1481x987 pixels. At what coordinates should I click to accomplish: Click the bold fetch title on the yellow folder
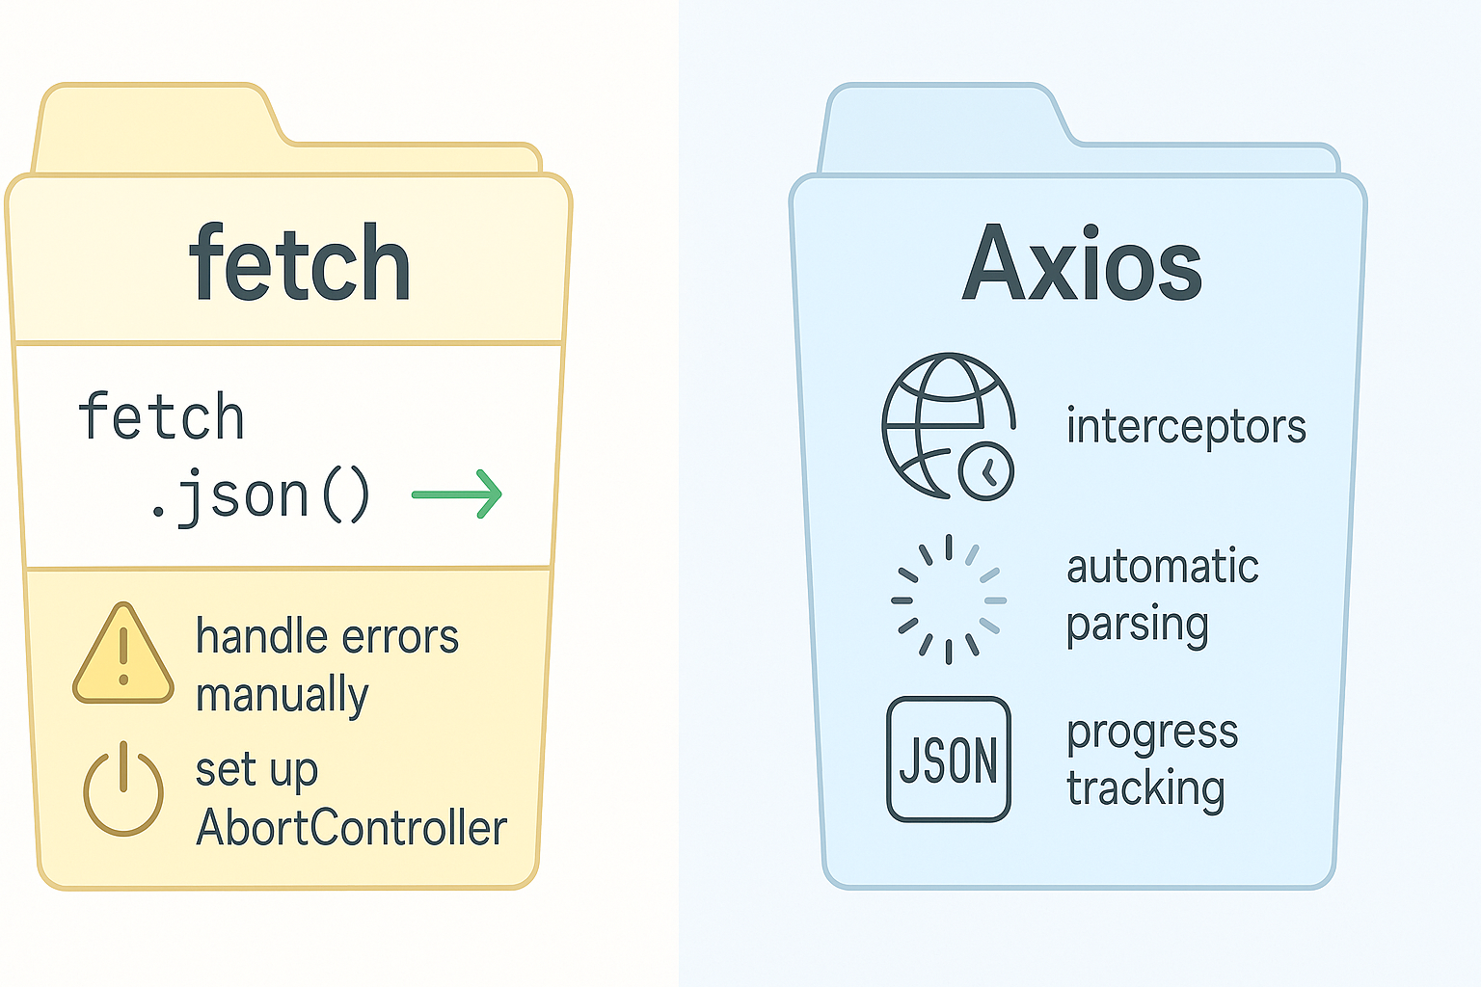pos(300,263)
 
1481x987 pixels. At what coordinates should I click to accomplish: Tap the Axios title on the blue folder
pos(1082,263)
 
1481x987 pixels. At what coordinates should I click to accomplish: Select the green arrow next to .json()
pos(457,494)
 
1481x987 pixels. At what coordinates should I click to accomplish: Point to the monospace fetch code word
pos(161,417)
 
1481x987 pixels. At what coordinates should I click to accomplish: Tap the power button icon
pos(123,788)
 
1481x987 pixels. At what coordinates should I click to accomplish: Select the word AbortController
pos(351,828)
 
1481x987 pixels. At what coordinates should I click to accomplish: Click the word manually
pos(282,696)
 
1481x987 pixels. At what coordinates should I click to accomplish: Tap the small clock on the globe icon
pos(986,471)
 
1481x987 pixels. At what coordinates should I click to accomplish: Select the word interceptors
pos(1186,427)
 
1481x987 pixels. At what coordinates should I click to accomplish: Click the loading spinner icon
pos(949,600)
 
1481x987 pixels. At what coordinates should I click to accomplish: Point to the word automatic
pos(1163,567)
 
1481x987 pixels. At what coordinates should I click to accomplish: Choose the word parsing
pos(1138,626)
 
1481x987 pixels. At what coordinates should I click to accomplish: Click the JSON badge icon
pos(949,760)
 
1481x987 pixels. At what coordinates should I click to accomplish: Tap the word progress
pos(1152,734)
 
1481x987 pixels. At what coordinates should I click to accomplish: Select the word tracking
pos(1145,788)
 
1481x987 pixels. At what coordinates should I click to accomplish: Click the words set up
pos(256,770)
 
